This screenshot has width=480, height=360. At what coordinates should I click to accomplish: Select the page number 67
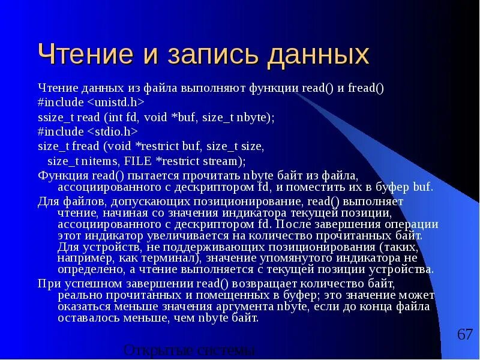tap(465, 334)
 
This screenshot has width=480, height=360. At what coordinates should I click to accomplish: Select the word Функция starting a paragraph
tap(55, 175)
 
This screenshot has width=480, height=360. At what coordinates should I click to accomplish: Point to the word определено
tap(87, 269)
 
